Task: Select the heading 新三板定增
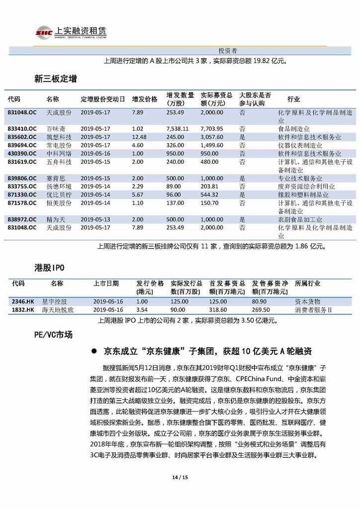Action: pos(55,79)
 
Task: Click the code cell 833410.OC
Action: pos(22,128)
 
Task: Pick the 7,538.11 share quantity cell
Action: pos(178,128)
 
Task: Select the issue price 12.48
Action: pos(139,137)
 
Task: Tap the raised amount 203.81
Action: pos(210,186)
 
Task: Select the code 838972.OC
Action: pos(22,219)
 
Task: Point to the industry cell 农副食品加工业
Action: pos(300,219)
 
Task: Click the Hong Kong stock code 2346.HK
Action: pos(22,302)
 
